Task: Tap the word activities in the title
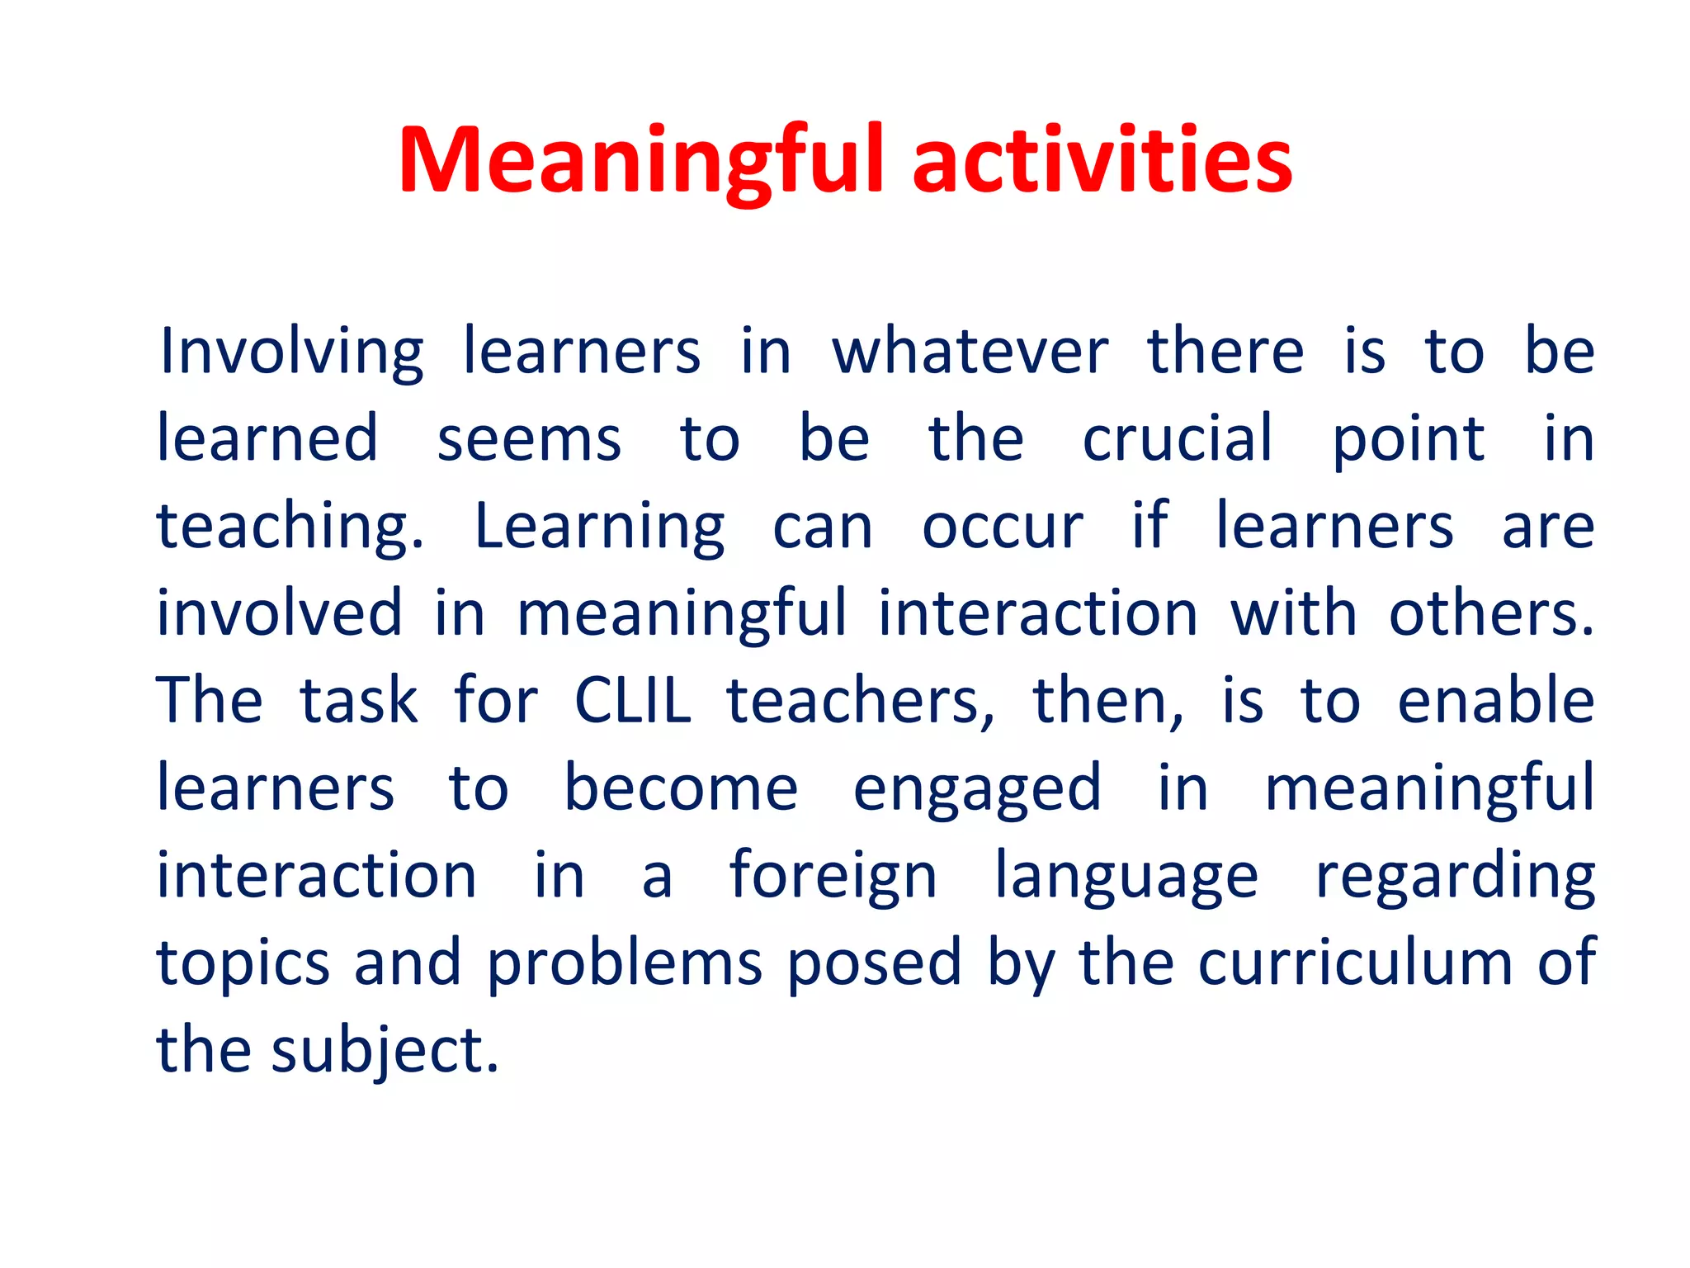1102,160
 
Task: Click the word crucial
1178,439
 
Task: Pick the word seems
529,439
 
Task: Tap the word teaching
290,527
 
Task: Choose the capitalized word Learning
600,527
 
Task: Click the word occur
1002,527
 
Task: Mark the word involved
280,614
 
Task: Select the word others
1491,614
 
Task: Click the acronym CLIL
632,702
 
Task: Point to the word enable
1495,702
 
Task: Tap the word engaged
977,789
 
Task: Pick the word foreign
833,877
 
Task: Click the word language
1126,877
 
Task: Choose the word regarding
1455,877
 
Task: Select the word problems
625,964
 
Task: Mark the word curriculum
1355,964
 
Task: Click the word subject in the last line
385,1052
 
